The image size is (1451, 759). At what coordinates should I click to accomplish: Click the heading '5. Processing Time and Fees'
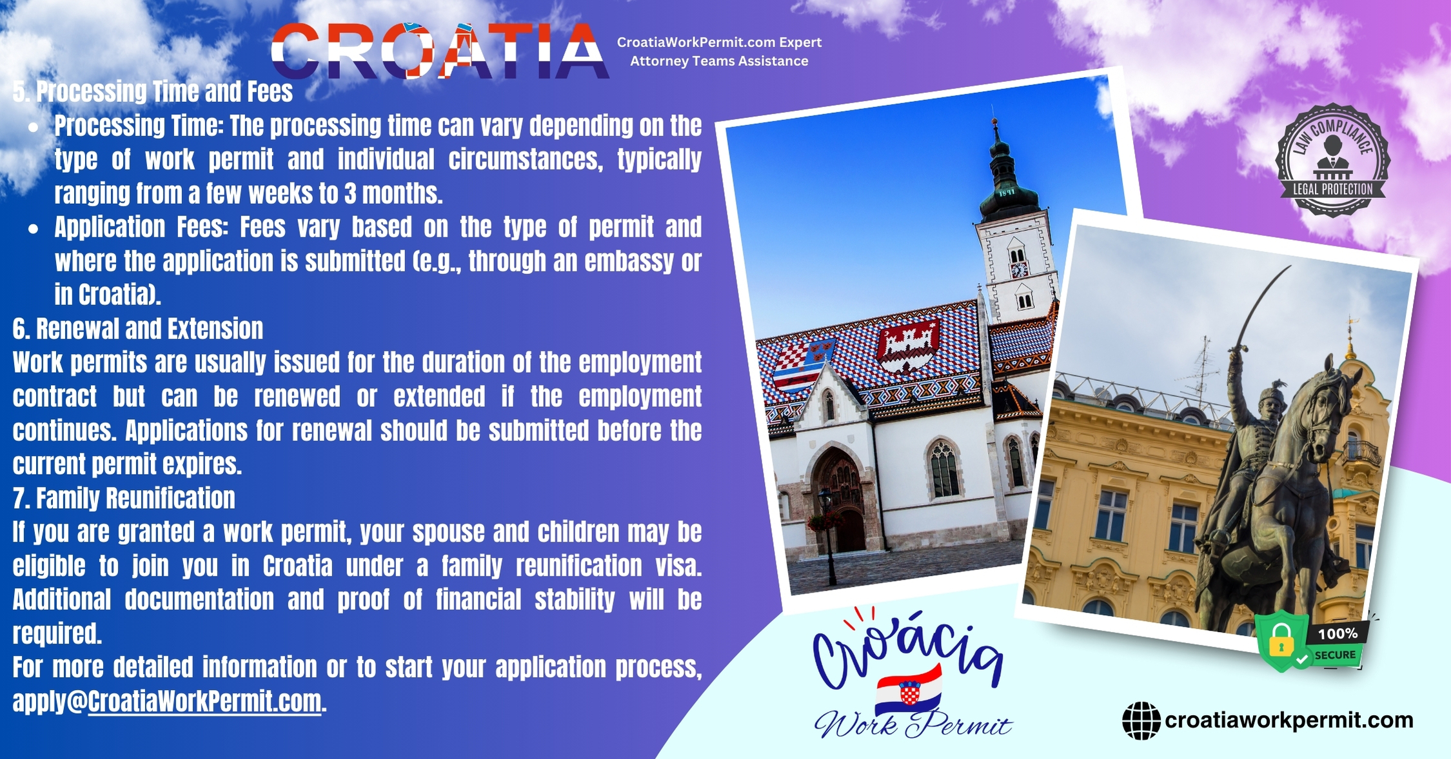(153, 92)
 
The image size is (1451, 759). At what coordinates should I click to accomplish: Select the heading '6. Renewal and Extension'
(138, 329)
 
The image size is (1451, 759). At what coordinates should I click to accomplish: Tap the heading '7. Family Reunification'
(124, 498)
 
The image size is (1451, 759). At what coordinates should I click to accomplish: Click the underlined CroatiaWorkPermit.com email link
(204, 702)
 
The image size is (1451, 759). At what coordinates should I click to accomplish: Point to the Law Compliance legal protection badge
(1332, 160)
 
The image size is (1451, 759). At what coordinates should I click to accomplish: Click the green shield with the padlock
(1281, 640)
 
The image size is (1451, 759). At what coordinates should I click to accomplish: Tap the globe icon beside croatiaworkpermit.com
(1141, 720)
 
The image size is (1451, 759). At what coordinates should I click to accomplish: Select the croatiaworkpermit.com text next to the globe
(1288, 720)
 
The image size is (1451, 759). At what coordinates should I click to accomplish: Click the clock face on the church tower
(1020, 270)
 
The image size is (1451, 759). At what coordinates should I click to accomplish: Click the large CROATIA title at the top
(440, 50)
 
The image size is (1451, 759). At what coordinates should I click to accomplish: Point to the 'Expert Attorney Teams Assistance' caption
(719, 52)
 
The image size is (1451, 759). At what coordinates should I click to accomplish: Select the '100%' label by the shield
(1337, 634)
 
